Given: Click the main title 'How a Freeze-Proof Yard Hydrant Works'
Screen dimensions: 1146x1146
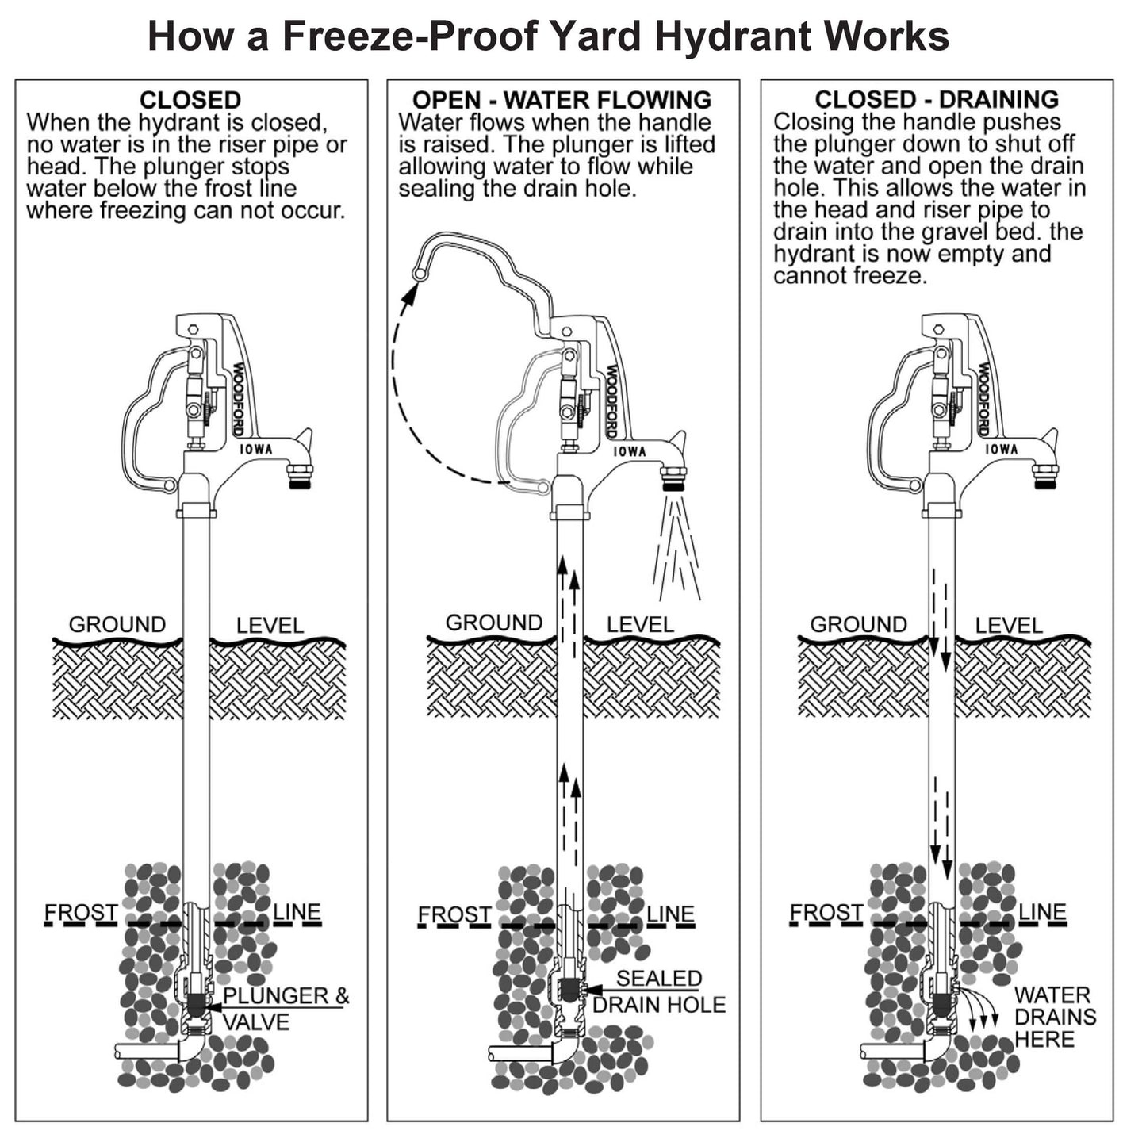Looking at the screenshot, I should click(x=548, y=36).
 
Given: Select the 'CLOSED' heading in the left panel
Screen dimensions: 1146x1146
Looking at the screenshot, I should click(x=190, y=100).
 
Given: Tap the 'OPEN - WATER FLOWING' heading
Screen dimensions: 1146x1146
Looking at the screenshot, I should click(x=562, y=100).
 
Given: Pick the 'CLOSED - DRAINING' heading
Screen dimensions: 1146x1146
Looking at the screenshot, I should click(x=937, y=99).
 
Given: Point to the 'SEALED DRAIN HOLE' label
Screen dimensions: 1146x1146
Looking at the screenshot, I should click(x=659, y=991).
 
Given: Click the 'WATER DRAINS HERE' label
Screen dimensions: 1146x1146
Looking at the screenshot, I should click(x=1054, y=1017).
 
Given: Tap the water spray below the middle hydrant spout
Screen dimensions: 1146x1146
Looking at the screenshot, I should click(x=676, y=555).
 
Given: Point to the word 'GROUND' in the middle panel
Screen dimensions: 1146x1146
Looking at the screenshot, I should click(x=494, y=623).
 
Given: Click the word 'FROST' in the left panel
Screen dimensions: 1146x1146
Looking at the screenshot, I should click(x=81, y=913).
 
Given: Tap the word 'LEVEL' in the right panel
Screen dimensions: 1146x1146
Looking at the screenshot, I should click(x=1008, y=625).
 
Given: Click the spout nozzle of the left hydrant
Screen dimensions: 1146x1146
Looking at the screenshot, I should click(x=298, y=478).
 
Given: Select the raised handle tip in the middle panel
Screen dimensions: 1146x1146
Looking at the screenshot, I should click(x=418, y=274).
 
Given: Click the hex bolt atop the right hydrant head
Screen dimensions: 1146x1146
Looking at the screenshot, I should click(x=939, y=328).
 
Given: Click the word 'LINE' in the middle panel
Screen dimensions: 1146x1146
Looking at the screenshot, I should click(x=670, y=914).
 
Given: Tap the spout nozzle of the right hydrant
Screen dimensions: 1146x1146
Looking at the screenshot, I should click(x=1044, y=477).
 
